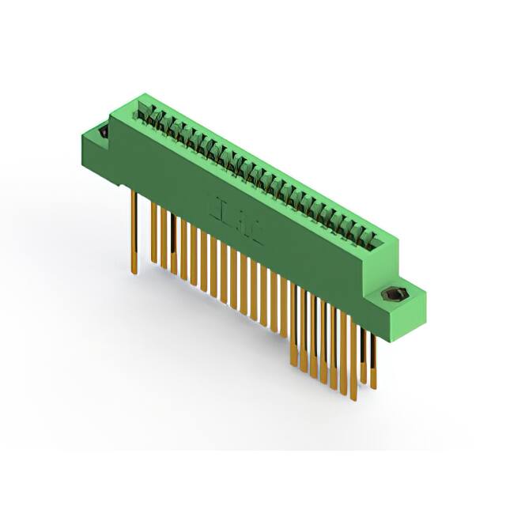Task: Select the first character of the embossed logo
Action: click(213, 202)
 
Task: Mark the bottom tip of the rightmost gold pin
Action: click(374, 388)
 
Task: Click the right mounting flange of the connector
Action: click(395, 304)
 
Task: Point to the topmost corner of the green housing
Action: click(143, 94)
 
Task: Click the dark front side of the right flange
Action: click(382, 320)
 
